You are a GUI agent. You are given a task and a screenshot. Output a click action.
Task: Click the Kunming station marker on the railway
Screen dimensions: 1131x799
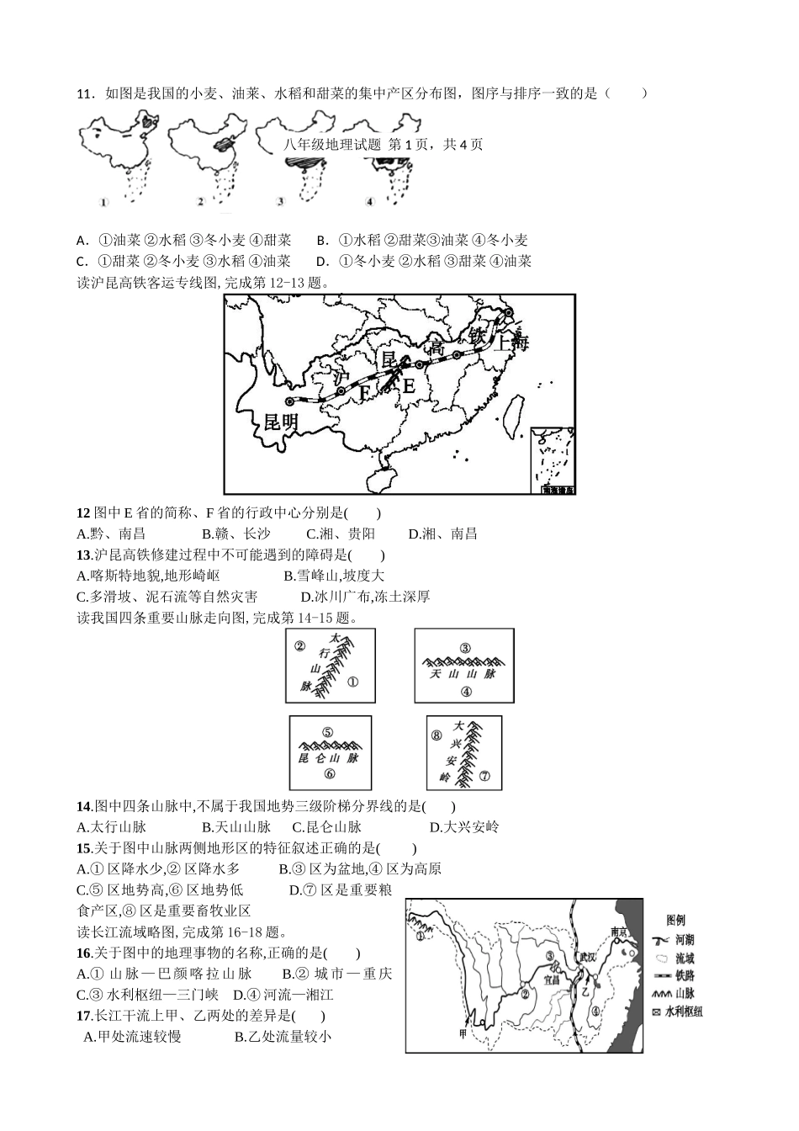click(x=290, y=401)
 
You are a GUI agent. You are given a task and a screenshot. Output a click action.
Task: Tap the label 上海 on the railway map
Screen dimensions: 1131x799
click(x=511, y=342)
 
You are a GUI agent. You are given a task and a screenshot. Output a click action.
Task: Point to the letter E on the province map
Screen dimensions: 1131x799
click(x=408, y=386)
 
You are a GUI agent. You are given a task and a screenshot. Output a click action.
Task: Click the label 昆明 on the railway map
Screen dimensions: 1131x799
click(x=280, y=422)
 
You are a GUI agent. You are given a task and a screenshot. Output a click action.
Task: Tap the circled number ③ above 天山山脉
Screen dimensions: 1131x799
click(x=465, y=648)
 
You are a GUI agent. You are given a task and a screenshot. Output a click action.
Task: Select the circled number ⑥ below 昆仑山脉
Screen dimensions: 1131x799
click(x=330, y=774)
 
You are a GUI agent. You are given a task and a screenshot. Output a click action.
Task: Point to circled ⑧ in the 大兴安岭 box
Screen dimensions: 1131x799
click(x=437, y=735)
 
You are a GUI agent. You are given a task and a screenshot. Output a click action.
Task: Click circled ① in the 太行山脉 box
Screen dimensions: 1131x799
click(x=352, y=682)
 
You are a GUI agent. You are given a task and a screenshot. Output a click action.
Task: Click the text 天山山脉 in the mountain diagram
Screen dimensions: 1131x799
click(x=463, y=673)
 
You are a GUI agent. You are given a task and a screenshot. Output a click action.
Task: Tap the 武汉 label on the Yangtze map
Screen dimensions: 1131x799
click(x=586, y=958)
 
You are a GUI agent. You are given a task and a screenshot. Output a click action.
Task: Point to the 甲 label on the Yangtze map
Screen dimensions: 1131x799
click(x=463, y=1033)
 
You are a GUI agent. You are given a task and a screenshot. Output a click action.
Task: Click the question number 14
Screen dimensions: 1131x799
click(x=83, y=806)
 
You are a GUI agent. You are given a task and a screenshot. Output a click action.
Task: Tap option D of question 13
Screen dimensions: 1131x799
click(x=366, y=597)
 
